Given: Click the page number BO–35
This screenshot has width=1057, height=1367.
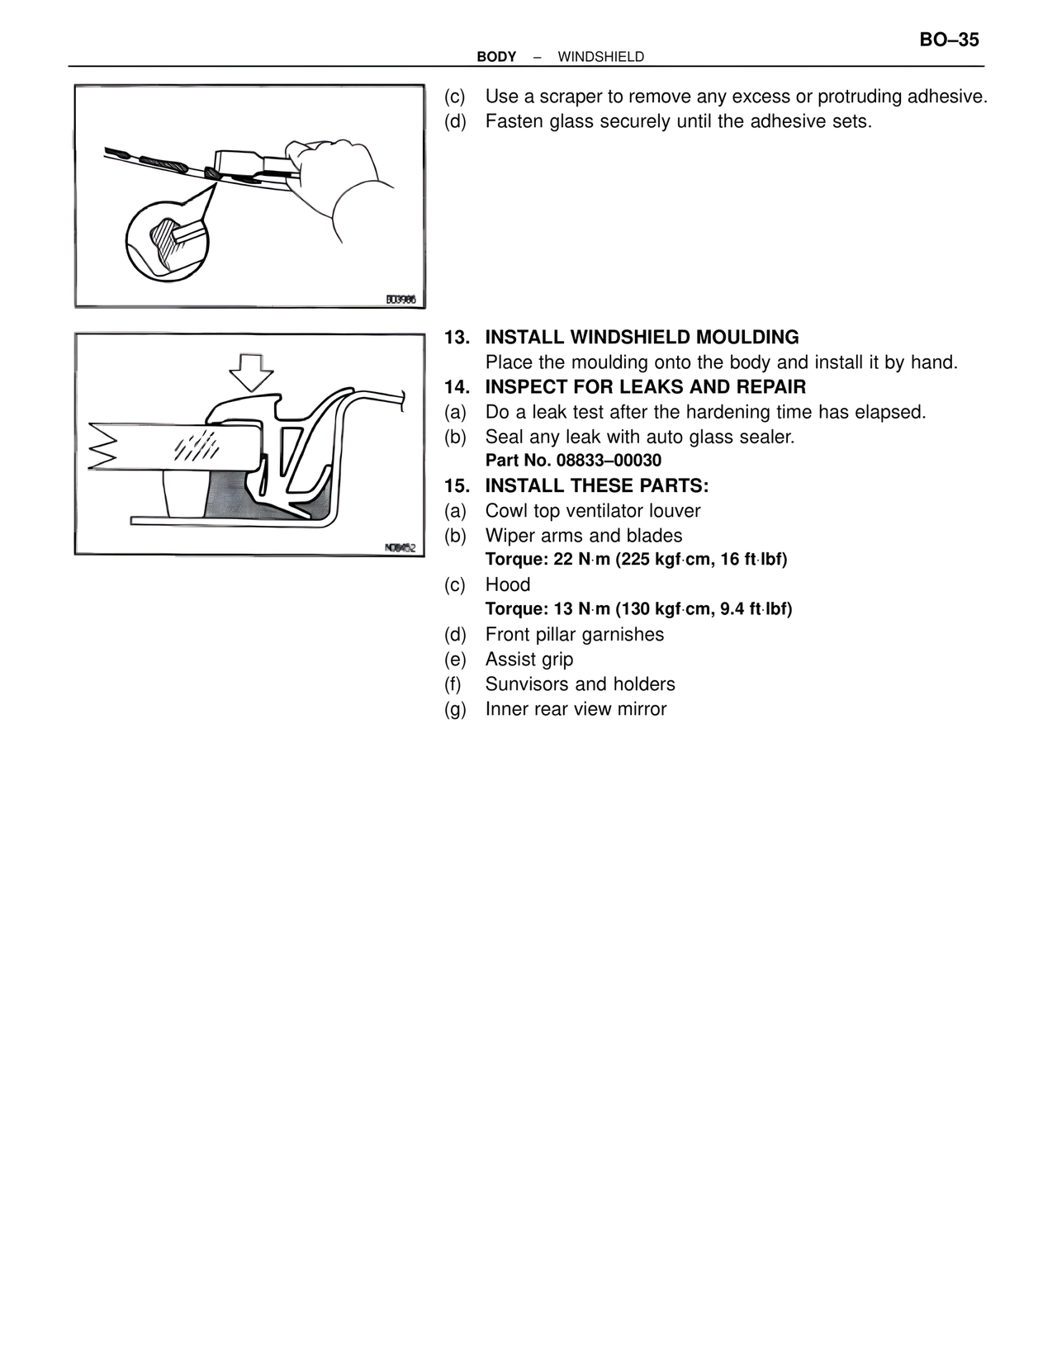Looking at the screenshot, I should (x=949, y=40).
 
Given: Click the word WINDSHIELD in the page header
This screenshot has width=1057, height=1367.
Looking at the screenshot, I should (x=600, y=57).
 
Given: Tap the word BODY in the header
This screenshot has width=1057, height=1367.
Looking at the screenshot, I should (x=496, y=57).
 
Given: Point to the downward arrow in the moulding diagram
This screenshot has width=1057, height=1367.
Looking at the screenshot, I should (x=251, y=371).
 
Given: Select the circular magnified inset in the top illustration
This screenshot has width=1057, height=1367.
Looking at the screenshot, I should (x=167, y=240).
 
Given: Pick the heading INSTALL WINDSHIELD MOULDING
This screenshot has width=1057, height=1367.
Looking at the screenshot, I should (x=642, y=338).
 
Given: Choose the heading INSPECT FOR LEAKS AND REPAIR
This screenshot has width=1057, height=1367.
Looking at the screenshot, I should (x=645, y=387).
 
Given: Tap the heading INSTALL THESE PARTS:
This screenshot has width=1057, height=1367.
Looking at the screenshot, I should (x=596, y=485).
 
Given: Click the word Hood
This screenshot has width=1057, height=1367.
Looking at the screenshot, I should (x=508, y=584).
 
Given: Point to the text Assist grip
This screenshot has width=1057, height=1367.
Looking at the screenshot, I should (x=529, y=659).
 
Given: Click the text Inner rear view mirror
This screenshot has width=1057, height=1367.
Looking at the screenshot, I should (x=576, y=708).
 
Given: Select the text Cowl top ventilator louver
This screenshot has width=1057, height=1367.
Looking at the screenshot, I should (x=593, y=510).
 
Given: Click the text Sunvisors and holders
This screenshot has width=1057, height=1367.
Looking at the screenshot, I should (x=580, y=683).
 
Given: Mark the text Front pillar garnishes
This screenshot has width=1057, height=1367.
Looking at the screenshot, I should (x=575, y=634).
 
